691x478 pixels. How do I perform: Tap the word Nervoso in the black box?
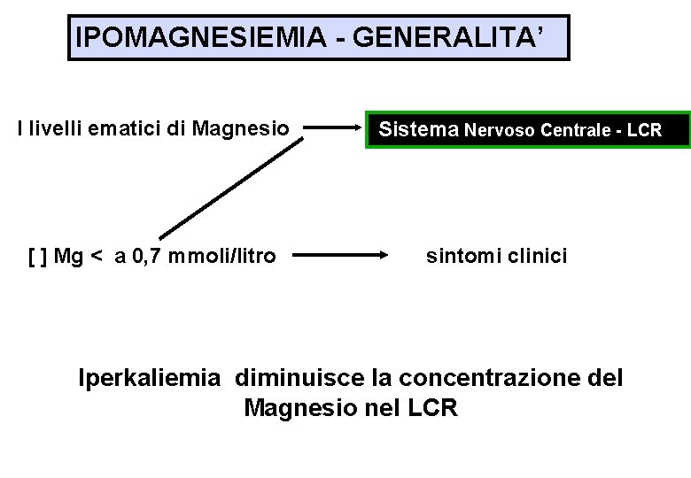coord(501,131)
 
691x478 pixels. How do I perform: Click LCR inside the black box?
coord(644,131)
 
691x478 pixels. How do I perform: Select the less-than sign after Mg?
coord(97,258)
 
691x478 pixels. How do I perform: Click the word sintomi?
coord(463,257)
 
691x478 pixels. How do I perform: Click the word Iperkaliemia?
coord(149,378)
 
